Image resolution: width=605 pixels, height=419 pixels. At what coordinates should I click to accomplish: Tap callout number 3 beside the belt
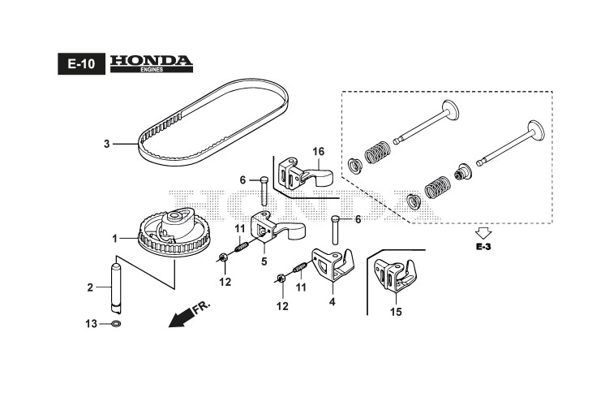coord(106,145)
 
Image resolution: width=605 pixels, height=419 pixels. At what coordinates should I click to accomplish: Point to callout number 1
coord(115,239)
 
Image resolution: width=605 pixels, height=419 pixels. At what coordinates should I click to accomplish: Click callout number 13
coord(92,324)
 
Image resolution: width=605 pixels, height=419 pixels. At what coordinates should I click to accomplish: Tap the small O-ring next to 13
coord(116,324)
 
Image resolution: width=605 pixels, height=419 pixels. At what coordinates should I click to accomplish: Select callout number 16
coord(318,152)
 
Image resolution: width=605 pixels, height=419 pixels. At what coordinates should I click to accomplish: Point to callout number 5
coord(264,261)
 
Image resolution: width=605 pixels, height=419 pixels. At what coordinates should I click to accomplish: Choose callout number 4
coord(332,302)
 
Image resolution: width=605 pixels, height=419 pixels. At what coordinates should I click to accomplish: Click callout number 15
coord(396,311)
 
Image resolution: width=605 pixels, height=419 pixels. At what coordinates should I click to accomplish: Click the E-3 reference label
coord(483,246)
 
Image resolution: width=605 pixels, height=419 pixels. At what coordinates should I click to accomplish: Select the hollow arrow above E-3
coord(483,231)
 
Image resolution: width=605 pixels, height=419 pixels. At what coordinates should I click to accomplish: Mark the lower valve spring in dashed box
coord(436,190)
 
